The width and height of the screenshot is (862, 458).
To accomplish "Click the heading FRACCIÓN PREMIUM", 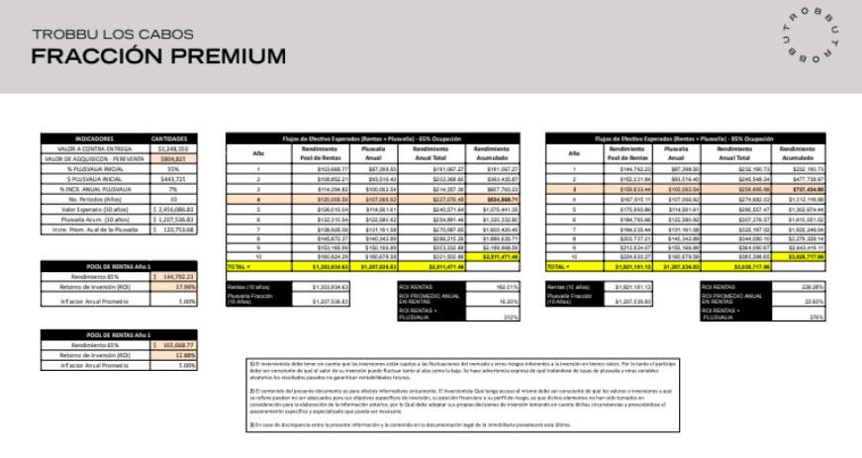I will tap(158, 55).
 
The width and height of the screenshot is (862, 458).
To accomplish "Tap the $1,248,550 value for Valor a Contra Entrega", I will tap(167, 147).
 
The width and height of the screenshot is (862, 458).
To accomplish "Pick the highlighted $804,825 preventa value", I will tap(167, 157).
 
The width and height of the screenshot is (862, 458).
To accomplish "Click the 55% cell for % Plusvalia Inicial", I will tap(167, 168).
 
